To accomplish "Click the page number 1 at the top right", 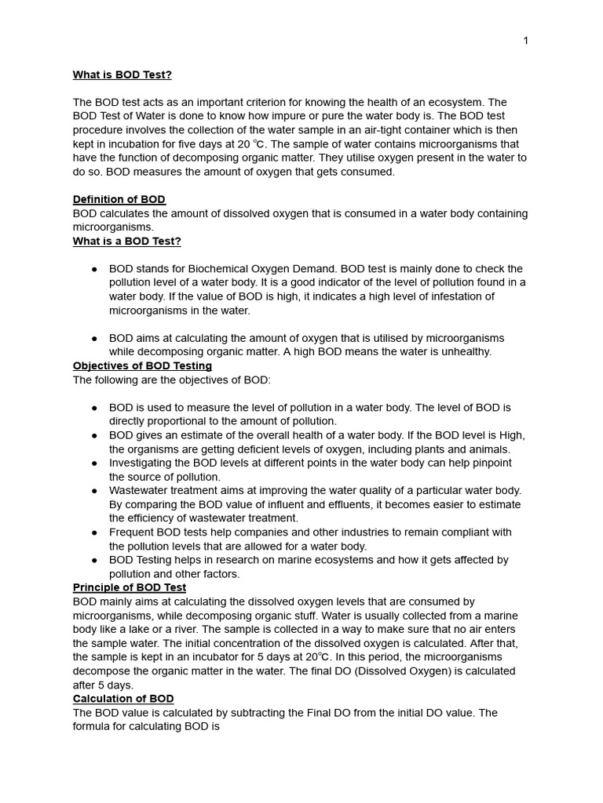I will tap(525, 41).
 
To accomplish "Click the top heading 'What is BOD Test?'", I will tap(122, 74).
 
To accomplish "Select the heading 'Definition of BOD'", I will tap(119, 199).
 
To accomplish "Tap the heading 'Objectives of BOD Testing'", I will tap(142, 365).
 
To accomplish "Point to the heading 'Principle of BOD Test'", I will tap(130, 587).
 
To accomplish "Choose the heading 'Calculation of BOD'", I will tap(123, 698).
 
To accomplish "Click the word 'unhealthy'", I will tap(464, 351).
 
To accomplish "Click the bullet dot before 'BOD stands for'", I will tap(94, 269).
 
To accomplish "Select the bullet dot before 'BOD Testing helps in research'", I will tap(94, 560).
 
